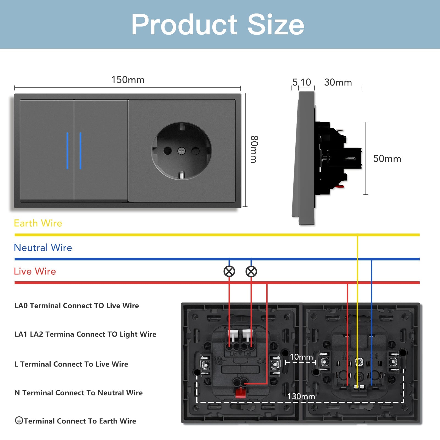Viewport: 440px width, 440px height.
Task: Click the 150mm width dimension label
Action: click(x=128, y=80)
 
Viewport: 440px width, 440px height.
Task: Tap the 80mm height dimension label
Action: click(x=254, y=149)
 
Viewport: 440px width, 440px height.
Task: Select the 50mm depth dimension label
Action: click(x=387, y=159)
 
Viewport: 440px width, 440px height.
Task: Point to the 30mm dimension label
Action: click(x=338, y=82)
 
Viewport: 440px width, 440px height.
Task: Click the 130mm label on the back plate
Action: click(x=301, y=396)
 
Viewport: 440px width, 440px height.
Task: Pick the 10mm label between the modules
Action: click(x=301, y=357)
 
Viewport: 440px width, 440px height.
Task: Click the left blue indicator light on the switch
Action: click(x=67, y=151)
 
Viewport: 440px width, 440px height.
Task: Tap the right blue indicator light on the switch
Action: click(x=80, y=151)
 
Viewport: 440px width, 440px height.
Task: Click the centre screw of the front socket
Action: click(x=182, y=150)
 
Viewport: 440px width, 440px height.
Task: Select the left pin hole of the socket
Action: click(x=167, y=150)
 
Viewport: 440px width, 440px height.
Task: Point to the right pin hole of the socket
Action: click(x=196, y=150)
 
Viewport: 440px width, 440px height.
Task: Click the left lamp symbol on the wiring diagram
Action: click(x=229, y=271)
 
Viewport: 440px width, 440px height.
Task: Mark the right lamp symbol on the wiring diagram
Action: click(x=251, y=271)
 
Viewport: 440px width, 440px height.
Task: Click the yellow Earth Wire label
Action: click(x=38, y=223)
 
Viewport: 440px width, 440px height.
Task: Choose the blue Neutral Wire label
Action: click(x=43, y=248)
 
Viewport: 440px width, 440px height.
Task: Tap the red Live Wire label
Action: click(x=35, y=271)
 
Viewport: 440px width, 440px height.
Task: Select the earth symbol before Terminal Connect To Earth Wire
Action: click(x=19, y=420)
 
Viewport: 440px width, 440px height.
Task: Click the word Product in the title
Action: click(x=184, y=24)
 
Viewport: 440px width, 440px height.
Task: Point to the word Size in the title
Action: click(x=276, y=24)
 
